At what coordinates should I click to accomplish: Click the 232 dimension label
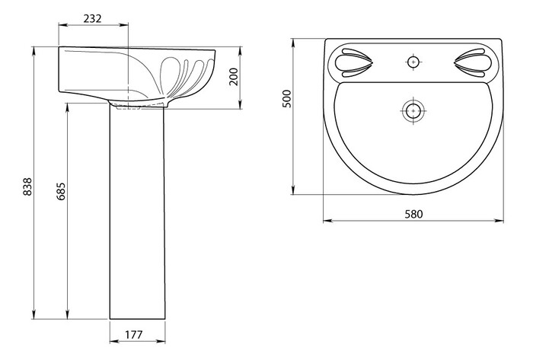pos(92,18)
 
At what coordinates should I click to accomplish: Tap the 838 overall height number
pos(27,186)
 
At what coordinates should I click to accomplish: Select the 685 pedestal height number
pos(61,191)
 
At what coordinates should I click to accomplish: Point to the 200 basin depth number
pos(234,77)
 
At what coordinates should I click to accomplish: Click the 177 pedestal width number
pos(134,335)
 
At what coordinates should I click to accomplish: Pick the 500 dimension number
pos(287,99)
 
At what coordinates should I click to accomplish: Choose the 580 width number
pos(413,215)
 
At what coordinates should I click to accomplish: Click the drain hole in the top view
pos(413,110)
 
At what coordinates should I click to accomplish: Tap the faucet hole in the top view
pos(413,62)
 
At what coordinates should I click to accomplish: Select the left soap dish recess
pos(353,62)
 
